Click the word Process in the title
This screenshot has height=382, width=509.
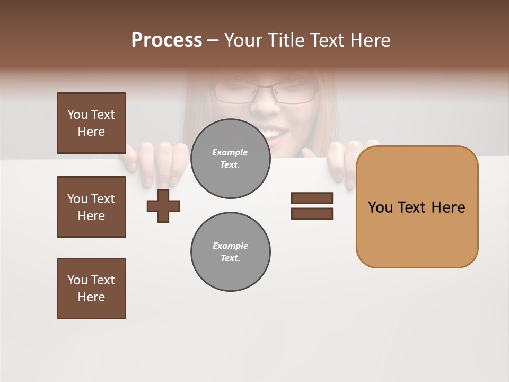coord(166,40)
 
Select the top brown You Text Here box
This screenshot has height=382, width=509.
coord(91,123)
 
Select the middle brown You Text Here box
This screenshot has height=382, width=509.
coord(91,207)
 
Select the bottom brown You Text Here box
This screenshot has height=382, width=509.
coord(91,289)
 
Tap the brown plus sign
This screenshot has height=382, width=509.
coord(163,206)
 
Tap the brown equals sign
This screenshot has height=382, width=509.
coord(312,206)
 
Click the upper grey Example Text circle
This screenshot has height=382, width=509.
coord(230,159)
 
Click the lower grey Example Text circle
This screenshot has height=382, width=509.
coord(230,252)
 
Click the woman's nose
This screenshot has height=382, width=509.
coord(265,104)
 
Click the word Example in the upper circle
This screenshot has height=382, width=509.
coord(230,152)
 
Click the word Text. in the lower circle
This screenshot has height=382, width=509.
coord(230,258)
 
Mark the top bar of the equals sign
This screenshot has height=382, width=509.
coord(312,198)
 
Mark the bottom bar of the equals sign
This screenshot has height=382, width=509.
coord(312,214)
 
